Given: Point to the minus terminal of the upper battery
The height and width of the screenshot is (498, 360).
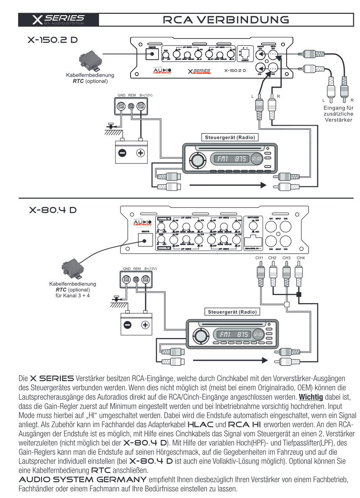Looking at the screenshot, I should point(122,153).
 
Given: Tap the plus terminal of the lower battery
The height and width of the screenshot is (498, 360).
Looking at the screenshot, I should point(144,324).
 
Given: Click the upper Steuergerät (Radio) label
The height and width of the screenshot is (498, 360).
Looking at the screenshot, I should point(229,137).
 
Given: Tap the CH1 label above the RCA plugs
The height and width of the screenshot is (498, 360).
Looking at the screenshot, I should point(259,257).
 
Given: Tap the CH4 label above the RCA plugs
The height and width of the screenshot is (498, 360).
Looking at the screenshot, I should point(300,257).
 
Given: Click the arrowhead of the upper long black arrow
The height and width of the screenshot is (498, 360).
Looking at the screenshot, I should point(262,185).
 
